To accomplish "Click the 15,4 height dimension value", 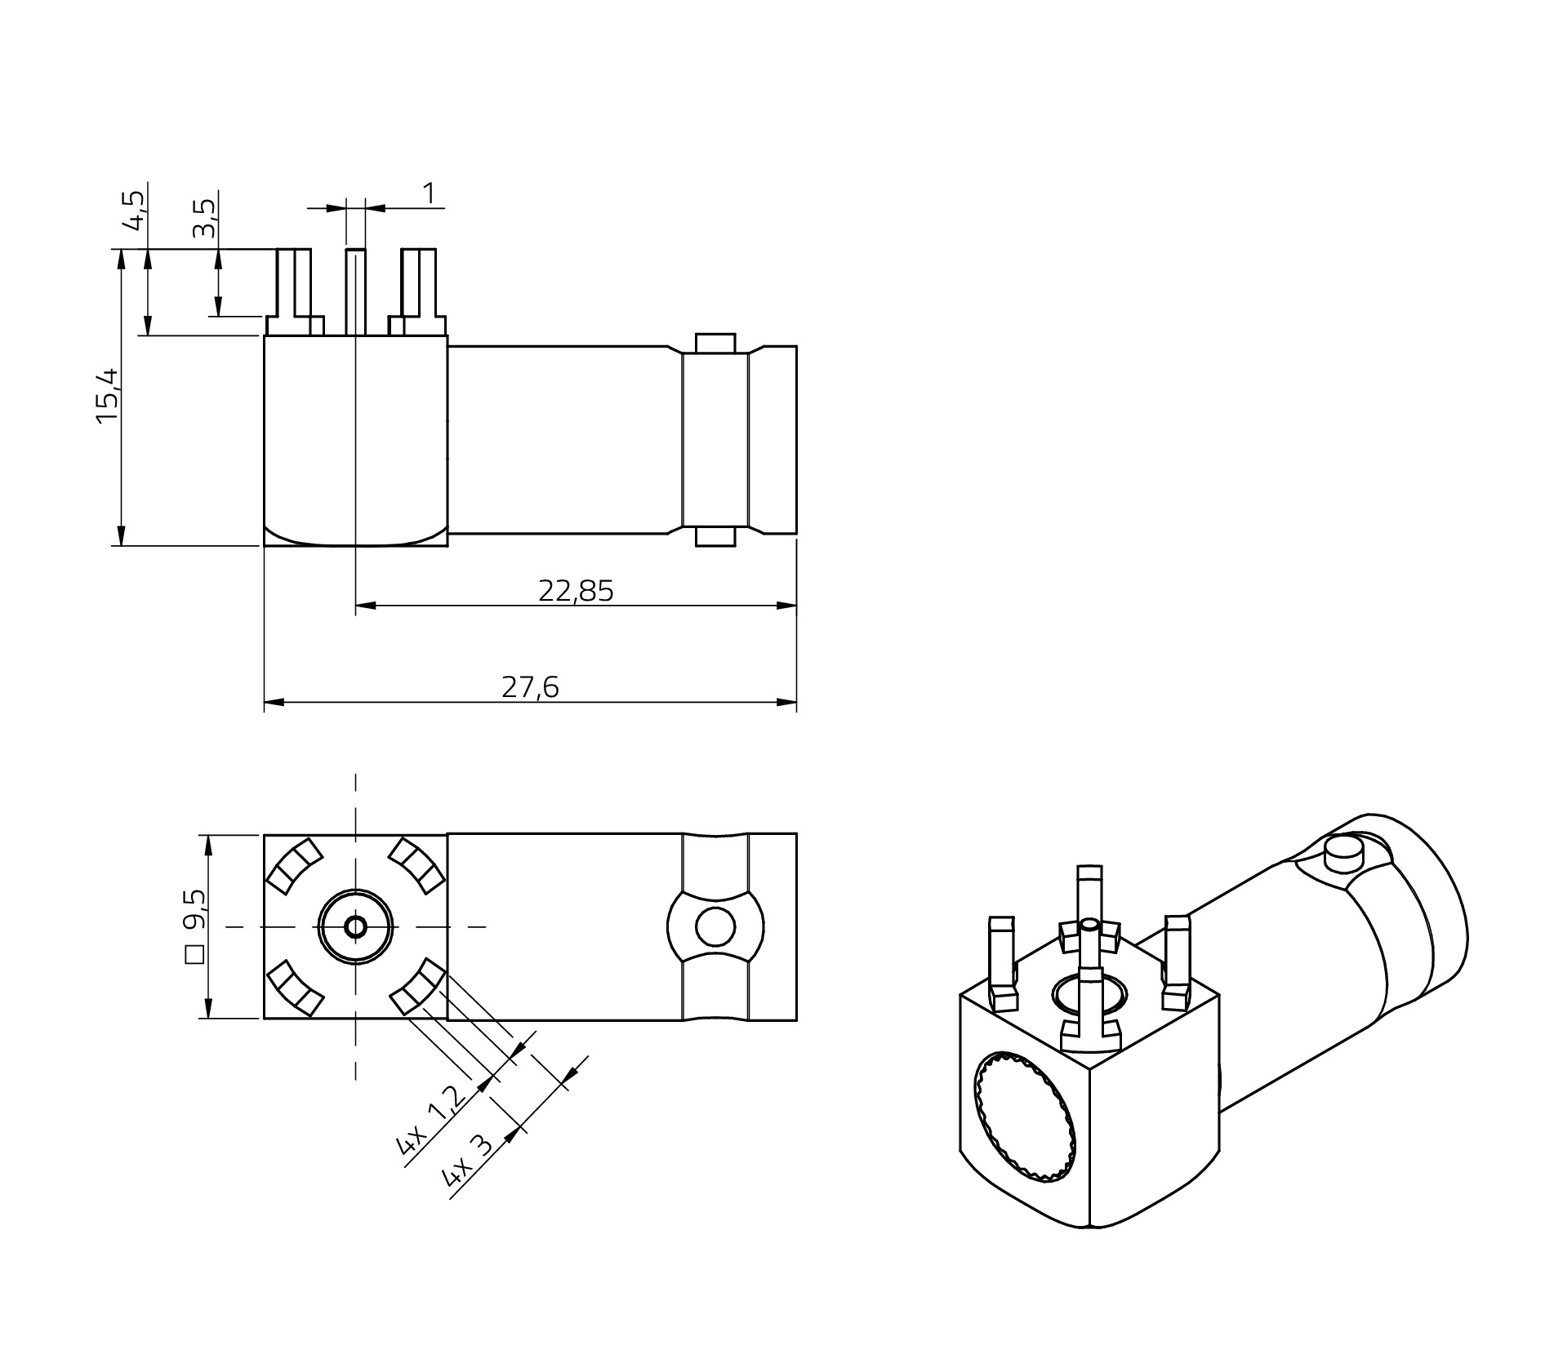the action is (107, 395).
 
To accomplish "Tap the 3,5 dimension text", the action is (205, 218).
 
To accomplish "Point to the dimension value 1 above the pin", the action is (430, 193).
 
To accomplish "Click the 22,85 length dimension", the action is (576, 590).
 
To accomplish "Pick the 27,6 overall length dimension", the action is (530, 687).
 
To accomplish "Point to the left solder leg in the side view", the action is (295, 291).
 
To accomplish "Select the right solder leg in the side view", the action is (417, 291).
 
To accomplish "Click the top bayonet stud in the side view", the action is (715, 343).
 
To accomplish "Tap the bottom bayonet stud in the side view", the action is (715, 536).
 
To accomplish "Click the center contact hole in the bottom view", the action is (356, 926).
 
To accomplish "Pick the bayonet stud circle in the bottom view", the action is (715, 926).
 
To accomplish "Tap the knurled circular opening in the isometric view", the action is (1026, 1117).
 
